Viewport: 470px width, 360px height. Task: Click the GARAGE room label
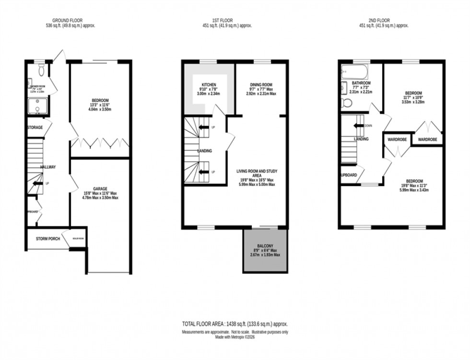[x=100, y=188]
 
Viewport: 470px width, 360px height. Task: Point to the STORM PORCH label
[x=48, y=238]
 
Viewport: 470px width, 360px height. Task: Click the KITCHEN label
[x=209, y=84]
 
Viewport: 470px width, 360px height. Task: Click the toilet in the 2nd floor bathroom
[x=347, y=103]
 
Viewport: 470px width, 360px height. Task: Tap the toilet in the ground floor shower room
[x=41, y=71]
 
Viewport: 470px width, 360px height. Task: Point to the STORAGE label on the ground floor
[x=35, y=128]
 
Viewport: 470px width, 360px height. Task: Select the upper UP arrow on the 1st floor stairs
[x=203, y=127]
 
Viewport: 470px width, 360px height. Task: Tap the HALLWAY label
[x=48, y=167]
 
